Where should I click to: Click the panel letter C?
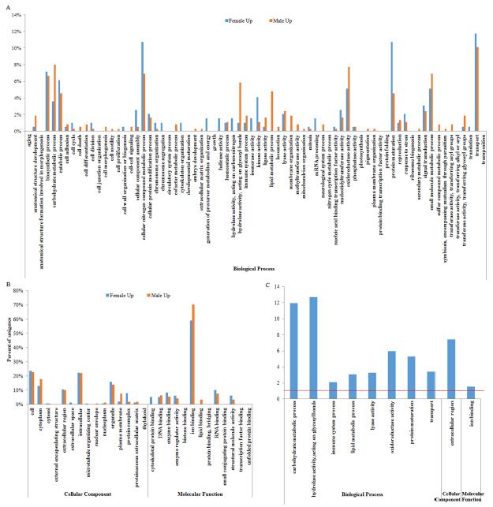pos(269,284)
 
